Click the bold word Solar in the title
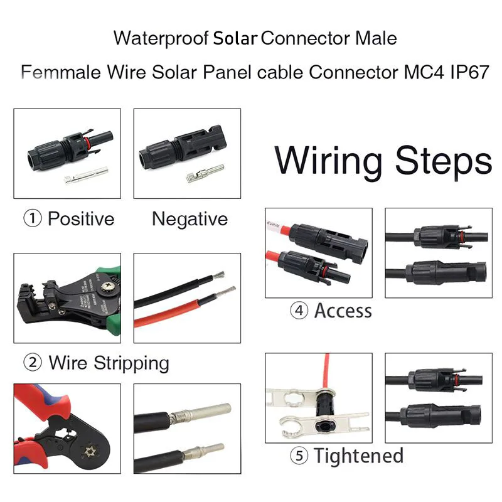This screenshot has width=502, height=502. pos(235,38)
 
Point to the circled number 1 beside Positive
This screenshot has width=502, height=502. pos(33,219)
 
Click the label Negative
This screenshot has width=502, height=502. pos(190,219)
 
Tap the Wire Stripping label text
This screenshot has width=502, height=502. pos(109,363)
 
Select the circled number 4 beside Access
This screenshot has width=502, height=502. pos(299,311)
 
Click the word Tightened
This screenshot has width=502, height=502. pos(358,456)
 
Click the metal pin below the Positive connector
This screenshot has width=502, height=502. pos(85,179)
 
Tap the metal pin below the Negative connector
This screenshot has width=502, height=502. pos(205,175)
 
